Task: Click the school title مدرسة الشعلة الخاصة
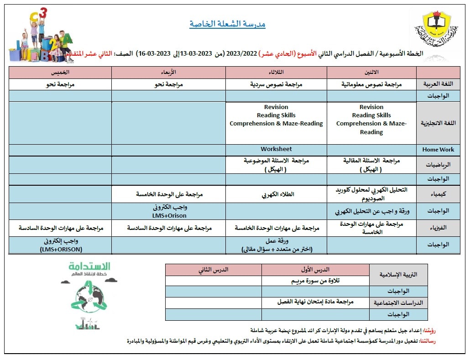[227, 24]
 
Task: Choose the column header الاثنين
[371, 73]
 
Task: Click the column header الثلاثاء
[276, 73]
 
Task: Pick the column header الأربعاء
[169, 73]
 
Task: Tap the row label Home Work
[438, 150]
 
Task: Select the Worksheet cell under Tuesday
[276, 149]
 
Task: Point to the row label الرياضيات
[439, 165]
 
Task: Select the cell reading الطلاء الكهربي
[276, 194]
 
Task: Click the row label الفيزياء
[439, 228]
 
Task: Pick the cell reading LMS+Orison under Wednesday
[169, 215]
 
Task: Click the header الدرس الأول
[316, 270]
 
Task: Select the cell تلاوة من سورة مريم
[316, 281]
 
